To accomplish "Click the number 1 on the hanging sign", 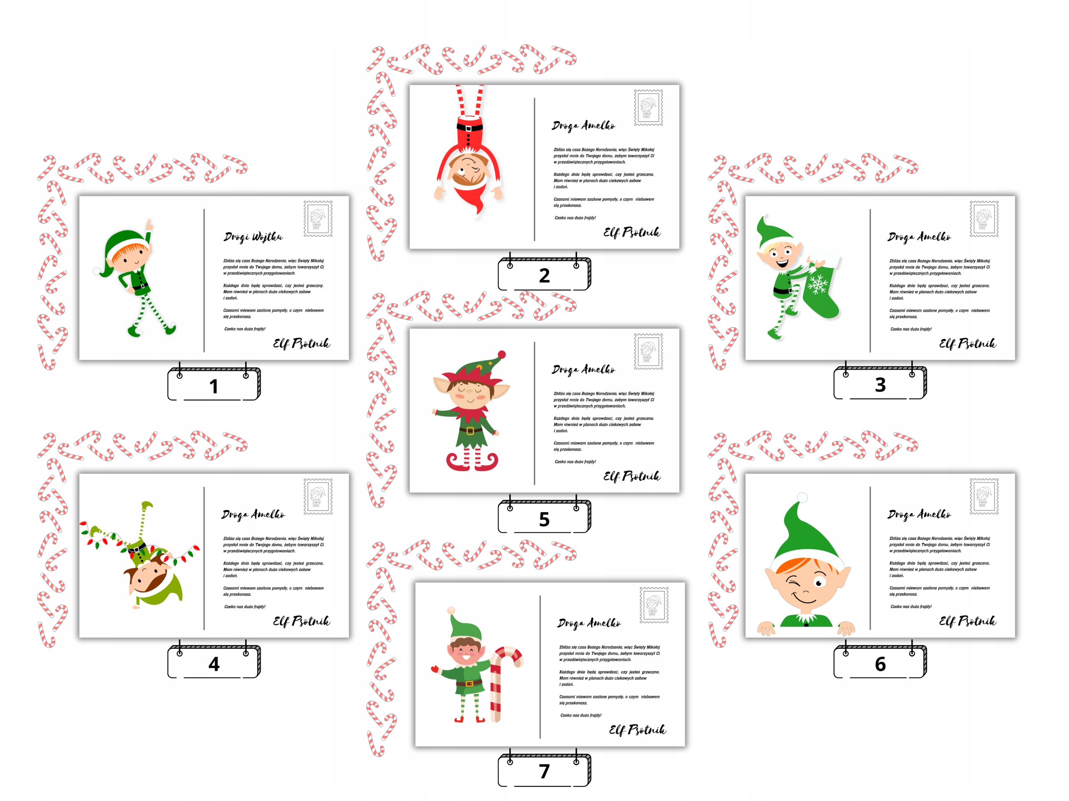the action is (214, 386).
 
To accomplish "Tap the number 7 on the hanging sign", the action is (544, 771).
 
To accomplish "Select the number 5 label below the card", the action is (544, 519).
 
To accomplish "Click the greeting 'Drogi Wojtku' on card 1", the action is (253, 237).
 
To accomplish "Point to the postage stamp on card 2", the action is (648, 107).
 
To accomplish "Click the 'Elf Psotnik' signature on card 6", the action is (968, 621).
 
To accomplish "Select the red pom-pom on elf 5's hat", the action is (502, 355).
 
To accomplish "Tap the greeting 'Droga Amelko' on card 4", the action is (253, 515).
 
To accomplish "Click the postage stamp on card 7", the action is (654, 605).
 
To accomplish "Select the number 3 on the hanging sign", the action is (880, 385).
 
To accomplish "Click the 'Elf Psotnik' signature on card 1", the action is (301, 343).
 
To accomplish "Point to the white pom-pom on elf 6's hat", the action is (802, 497).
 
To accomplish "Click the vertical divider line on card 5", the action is (534, 413).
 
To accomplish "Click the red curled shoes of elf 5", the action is (471, 462).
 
